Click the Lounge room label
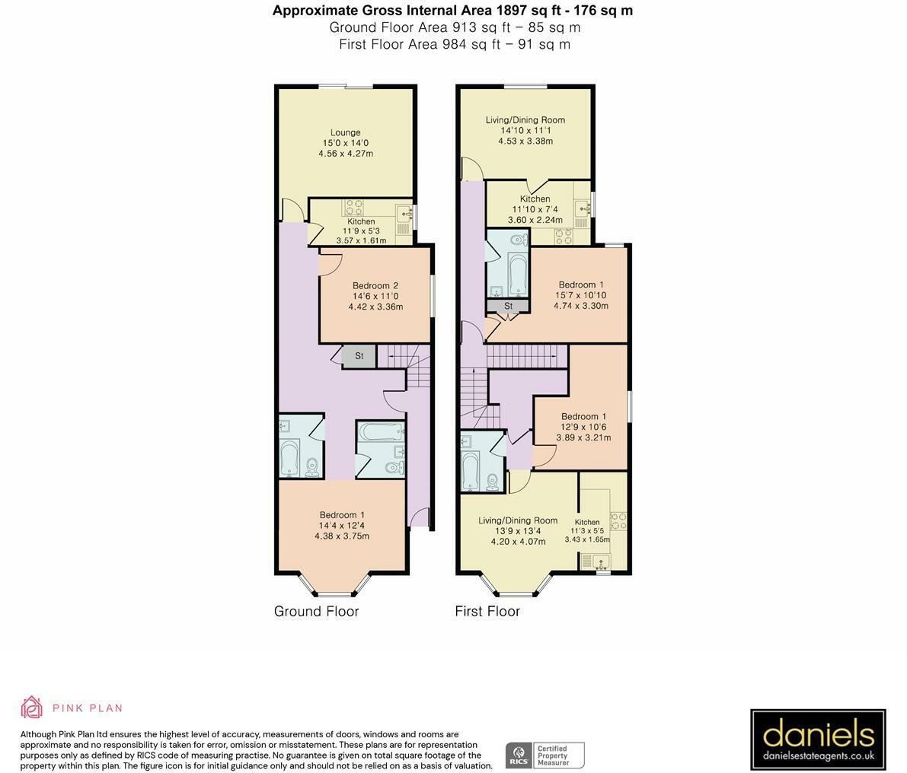345,132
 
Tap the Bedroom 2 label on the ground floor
375,285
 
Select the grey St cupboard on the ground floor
359,357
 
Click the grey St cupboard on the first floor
508,306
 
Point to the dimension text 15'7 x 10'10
581,295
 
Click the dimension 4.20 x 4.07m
519,542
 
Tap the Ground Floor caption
316,611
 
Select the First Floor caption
487,611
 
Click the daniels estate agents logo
818,738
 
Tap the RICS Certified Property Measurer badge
545,755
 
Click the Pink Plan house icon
31,707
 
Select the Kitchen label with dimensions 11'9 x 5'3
361,221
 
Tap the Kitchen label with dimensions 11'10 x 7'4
535,199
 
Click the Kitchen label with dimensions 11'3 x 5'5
587,522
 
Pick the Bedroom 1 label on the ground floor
342,515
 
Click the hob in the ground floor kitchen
354,207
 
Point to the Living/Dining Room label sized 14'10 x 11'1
525,120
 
